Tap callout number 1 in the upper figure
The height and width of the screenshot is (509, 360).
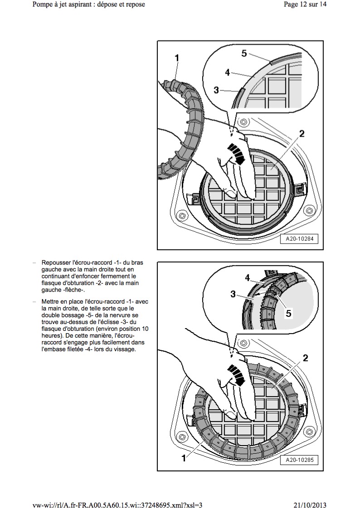[177, 58]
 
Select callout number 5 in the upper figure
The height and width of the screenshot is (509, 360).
[244, 53]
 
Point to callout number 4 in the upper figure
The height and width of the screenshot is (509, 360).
[228, 72]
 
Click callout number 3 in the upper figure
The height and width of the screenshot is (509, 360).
[216, 91]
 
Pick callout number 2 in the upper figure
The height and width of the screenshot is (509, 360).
[302, 134]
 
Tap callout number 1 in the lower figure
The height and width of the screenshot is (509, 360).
[184, 458]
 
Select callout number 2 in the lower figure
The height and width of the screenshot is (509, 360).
[306, 358]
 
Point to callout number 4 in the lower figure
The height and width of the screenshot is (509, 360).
[248, 277]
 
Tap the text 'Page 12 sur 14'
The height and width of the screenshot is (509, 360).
[305, 5]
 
